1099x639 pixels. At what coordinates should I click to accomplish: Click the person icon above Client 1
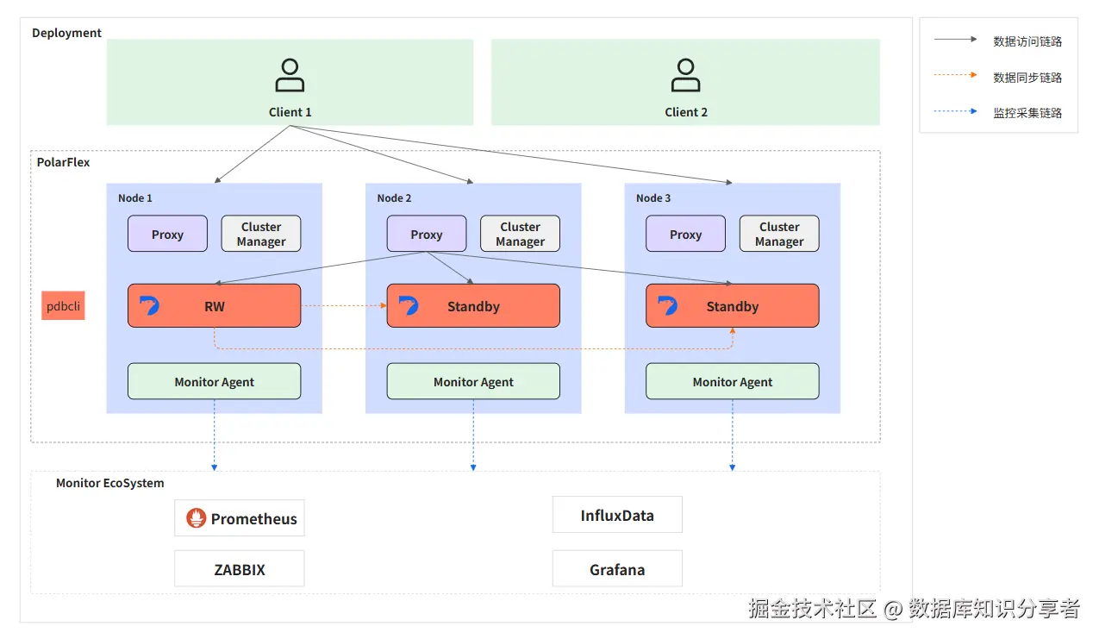(x=290, y=75)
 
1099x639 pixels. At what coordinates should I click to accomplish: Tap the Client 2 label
(x=686, y=112)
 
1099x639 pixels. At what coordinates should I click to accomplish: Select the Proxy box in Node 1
(x=167, y=234)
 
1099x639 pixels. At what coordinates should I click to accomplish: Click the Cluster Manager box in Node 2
(x=520, y=234)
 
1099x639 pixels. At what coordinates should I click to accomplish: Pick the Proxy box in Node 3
(x=685, y=234)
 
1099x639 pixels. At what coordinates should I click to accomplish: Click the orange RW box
(x=214, y=306)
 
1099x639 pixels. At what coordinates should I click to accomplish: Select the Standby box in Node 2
(x=473, y=306)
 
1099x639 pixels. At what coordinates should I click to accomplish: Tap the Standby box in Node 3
(x=732, y=306)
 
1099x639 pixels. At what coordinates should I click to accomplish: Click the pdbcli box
(x=63, y=306)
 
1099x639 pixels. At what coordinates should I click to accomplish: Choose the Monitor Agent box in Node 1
(x=214, y=381)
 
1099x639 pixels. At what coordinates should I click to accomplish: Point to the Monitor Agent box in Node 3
(x=732, y=381)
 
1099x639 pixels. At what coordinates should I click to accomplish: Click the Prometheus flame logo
(x=197, y=518)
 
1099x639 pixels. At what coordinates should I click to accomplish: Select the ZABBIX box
(x=239, y=569)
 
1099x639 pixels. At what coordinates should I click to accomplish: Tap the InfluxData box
(x=617, y=516)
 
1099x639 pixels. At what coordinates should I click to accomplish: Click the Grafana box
(x=617, y=569)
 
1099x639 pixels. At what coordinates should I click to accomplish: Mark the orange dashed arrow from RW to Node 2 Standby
(x=343, y=305)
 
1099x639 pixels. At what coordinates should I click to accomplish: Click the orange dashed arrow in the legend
(x=955, y=76)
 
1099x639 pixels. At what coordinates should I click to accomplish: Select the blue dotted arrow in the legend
(x=955, y=112)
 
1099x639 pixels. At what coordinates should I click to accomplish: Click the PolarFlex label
(x=63, y=162)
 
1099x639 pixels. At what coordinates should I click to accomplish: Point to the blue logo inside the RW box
(x=149, y=305)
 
